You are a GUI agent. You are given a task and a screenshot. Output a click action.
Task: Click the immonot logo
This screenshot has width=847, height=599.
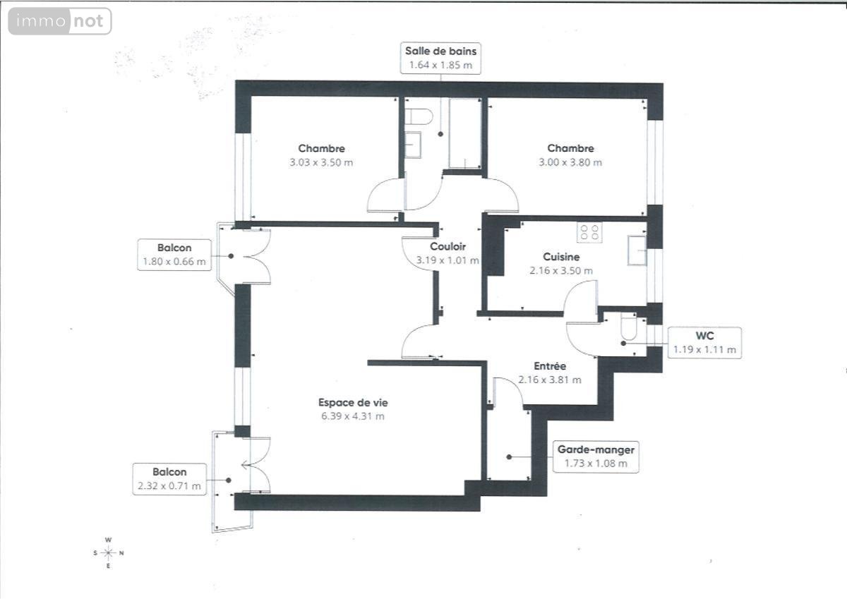click(60, 21)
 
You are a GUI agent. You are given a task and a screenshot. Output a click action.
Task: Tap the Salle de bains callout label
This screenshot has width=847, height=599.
click(440, 58)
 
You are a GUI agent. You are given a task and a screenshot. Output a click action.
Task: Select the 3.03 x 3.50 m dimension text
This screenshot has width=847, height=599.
click(321, 162)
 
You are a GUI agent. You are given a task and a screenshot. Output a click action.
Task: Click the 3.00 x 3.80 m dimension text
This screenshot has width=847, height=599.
click(570, 162)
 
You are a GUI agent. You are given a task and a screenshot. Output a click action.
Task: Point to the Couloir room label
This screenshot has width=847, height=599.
click(447, 246)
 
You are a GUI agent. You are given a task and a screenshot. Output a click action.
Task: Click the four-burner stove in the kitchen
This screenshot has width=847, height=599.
click(589, 232)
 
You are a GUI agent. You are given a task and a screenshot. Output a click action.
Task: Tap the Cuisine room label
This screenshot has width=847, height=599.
click(561, 257)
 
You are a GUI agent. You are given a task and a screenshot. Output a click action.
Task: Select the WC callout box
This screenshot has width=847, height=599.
click(704, 343)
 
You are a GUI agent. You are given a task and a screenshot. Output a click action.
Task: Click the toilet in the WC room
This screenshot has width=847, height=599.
click(628, 326)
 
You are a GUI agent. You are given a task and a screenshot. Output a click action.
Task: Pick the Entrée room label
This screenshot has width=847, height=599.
click(550, 366)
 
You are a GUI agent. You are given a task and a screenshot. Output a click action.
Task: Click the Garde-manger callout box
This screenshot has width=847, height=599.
click(596, 457)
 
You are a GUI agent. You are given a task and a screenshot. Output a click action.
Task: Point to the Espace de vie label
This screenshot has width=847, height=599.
click(353, 402)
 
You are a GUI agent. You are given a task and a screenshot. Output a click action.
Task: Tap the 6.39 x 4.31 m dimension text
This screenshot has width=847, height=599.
click(353, 416)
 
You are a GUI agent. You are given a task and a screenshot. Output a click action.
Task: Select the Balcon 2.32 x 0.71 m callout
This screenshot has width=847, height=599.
click(169, 479)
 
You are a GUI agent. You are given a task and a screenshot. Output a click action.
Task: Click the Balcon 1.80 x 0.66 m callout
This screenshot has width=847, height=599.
click(174, 255)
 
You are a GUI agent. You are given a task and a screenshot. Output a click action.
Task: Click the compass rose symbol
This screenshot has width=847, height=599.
click(108, 553)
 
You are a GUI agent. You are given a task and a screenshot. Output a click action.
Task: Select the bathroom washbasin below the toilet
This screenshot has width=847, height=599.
click(413, 145)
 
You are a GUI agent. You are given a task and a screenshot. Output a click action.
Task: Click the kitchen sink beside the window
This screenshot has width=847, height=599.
click(637, 250)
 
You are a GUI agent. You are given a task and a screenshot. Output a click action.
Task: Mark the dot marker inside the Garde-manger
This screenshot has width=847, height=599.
click(509, 457)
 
